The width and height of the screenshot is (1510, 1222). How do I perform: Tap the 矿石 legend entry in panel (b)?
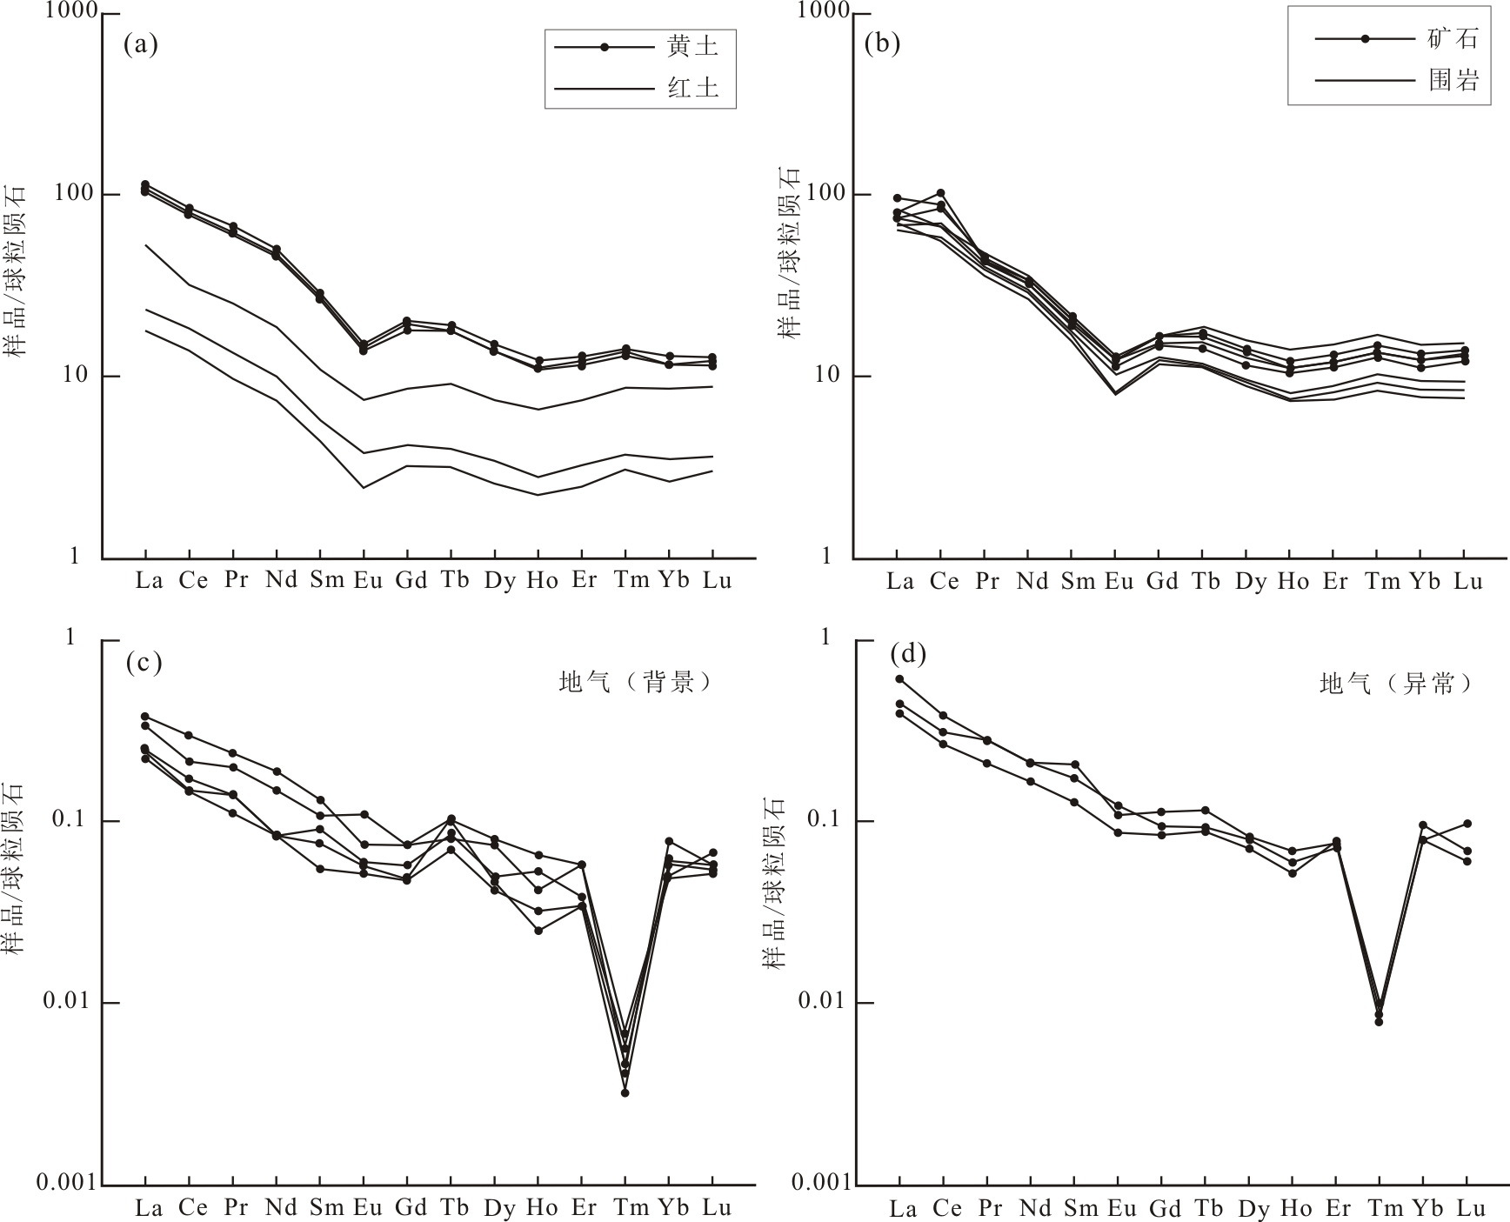1452,39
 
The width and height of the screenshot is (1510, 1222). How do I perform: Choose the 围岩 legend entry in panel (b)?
1452,81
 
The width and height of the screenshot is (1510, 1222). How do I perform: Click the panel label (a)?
141,43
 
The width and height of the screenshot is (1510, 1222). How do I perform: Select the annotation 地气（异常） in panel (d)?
1396,684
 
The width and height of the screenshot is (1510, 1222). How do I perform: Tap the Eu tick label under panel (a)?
368,580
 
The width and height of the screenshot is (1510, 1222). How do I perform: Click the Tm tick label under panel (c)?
631,1207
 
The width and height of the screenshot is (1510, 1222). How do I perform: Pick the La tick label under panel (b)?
900,581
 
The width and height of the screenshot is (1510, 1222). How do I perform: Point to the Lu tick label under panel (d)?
1469,1208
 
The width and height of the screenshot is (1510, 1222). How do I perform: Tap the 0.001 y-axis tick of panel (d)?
818,1184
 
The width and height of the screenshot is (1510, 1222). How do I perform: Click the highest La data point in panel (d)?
899,679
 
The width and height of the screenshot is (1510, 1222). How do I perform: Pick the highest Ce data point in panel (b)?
940,193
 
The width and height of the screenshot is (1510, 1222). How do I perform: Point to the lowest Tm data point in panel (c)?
625,1092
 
